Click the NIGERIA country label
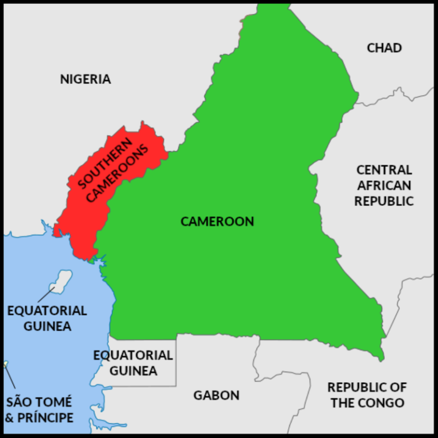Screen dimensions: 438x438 [x=86, y=79]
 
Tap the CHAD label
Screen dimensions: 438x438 [x=384, y=48]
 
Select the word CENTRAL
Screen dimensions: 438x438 [x=384, y=170]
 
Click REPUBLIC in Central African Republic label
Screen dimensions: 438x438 [x=384, y=201]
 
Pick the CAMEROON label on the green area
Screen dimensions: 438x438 [x=217, y=221]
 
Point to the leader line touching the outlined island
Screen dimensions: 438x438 [x=46, y=295]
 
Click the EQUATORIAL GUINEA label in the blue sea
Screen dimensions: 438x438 [x=47, y=318]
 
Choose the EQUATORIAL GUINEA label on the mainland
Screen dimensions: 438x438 [x=133, y=363]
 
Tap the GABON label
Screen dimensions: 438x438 [x=216, y=395]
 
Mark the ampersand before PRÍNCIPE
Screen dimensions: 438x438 [x=9, y=417]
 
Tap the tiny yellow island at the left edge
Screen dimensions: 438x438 [x=6, y=363]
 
